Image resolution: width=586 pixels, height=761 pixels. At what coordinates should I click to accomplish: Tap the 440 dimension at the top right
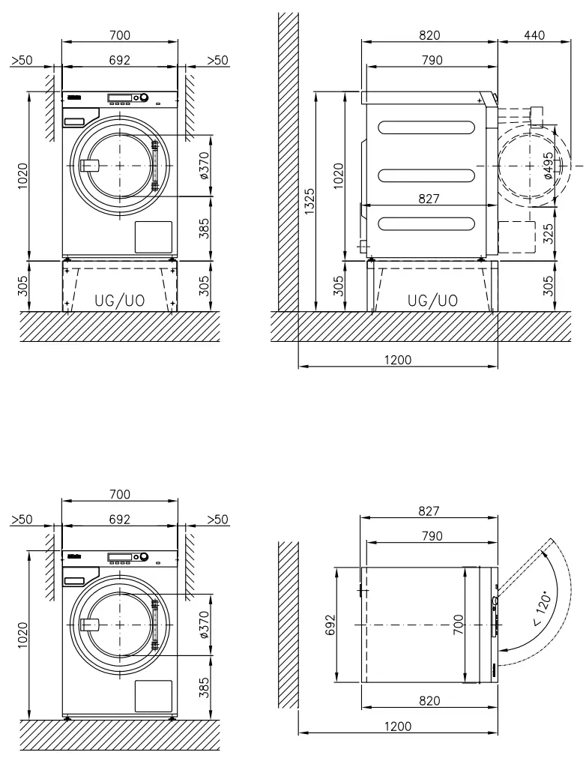[x=534, y=35]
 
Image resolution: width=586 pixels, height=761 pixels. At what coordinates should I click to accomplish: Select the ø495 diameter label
[x=549, y=166]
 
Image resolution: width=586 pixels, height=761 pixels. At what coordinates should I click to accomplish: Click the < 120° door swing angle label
[x=545, y=610]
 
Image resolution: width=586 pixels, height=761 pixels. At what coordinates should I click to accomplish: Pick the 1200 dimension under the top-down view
[x=398, y=726]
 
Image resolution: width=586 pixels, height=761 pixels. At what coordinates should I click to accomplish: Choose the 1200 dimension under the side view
[x=398, y=360]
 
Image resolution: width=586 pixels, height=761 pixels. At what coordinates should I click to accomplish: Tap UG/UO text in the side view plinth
[x=432, y=300]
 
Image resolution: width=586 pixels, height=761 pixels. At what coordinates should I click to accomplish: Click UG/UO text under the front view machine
[x=120, y=301]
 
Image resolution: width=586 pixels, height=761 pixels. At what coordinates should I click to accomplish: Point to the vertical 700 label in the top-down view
[x=459, y=625]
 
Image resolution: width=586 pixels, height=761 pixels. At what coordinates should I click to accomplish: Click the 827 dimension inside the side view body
[x=429, y=199]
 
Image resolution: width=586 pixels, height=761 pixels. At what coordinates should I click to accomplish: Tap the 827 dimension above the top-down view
[x=429, y=511]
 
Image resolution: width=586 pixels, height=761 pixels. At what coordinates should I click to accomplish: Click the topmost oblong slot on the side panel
[x=427, y=127]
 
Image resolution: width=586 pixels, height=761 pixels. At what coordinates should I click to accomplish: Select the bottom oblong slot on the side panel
[x=427, y=223]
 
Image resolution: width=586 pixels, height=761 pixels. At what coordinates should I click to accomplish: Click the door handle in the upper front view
[x=89, y=166]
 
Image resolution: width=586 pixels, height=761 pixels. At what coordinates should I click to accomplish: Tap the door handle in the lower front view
[x=89, y=625]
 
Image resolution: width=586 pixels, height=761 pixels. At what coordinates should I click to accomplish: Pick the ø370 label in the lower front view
[x=205, y=625]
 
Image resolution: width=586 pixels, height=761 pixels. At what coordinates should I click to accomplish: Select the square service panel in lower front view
[x=153, y=696]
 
